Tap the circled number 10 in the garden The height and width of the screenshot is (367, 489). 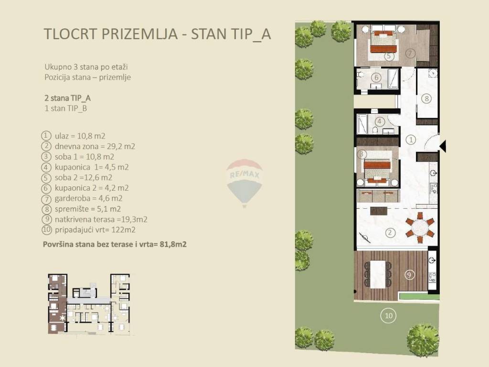click(389, 315)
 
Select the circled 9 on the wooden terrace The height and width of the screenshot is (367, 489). click(409, 275)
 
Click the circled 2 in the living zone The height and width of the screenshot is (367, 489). click(390, 233)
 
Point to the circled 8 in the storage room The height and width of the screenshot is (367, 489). click(426, 98)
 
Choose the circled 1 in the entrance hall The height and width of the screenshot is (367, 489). click(411, 140)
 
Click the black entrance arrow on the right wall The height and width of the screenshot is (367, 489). click(443, 146)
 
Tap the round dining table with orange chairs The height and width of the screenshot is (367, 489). click(420, 227)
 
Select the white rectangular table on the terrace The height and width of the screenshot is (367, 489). click(378, 275)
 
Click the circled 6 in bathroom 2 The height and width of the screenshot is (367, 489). click(376, 77)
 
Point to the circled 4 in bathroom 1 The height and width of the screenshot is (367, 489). click(380, 121)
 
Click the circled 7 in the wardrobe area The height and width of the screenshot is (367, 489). click(410, 54)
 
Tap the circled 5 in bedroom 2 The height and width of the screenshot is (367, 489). click(388, 56)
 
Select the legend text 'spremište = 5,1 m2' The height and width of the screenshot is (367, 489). click(88, 209)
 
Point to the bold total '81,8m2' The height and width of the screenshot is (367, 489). click(173, 244)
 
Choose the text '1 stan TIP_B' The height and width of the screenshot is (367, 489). click(66, 108)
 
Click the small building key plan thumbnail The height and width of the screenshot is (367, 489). click(89, 304)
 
